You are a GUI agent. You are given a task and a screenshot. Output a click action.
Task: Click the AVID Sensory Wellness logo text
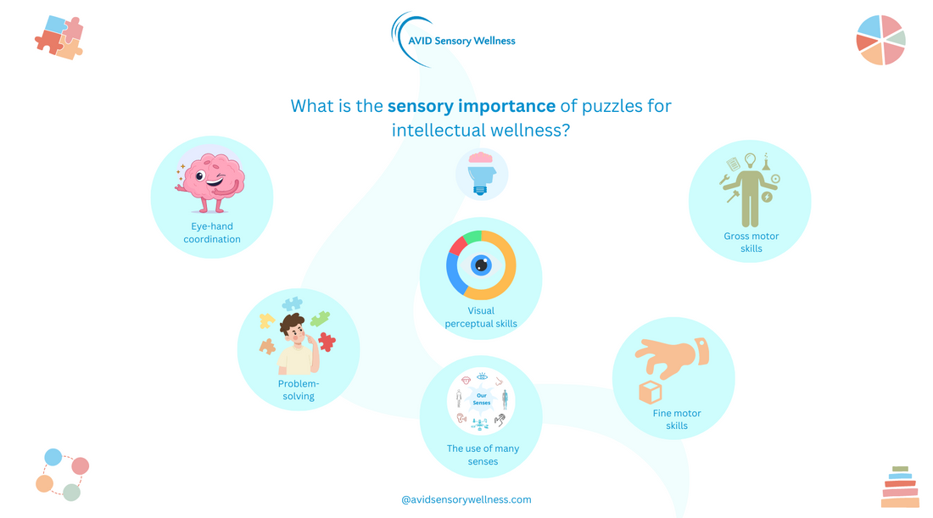tap(462, 41)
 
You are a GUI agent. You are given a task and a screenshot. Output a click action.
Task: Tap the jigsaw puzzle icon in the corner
tap(59, 38)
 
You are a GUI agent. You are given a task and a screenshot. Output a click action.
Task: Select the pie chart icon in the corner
tap(880, 40)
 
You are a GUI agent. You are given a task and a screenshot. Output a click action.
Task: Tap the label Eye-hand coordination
tap(212, 232)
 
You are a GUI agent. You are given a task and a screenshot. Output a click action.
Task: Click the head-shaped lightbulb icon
tap(481, 174)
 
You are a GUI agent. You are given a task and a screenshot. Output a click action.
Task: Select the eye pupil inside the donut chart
tap(481, 265)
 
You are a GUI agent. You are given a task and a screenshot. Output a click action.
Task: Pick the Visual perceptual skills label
tap(481, 317)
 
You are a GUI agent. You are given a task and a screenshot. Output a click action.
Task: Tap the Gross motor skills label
tap(751, 242)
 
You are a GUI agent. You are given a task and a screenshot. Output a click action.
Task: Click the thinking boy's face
tap(293, 332)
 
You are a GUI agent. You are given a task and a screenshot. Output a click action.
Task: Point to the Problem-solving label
tap(299, 390)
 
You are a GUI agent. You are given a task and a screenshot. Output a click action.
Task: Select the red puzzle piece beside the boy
tap(326, 341)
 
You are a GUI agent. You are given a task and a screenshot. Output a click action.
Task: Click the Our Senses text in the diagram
tap(481, 399)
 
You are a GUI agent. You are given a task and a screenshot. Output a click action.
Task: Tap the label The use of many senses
tap(483, 455)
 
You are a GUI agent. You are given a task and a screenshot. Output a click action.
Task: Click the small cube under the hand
tap(651, 393)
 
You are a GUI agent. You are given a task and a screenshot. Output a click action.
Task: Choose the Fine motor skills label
tap(677, 420)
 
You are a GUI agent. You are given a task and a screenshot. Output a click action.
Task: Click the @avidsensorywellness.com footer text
tap(466, 500)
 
